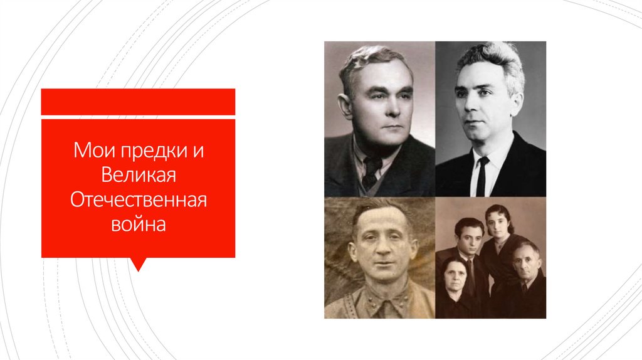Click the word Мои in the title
[x=88, y=151]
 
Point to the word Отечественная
[x=139, y=199]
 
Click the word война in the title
[x=139, y=223]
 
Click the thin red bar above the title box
[x=138, y=102]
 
